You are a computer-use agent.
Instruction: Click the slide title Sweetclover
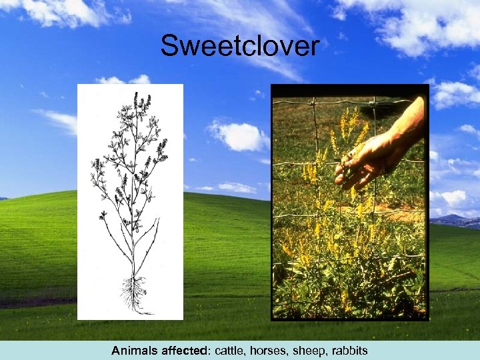(240, 46)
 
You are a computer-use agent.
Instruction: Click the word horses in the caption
(265, 351)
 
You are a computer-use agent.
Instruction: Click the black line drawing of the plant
(131, 200)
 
